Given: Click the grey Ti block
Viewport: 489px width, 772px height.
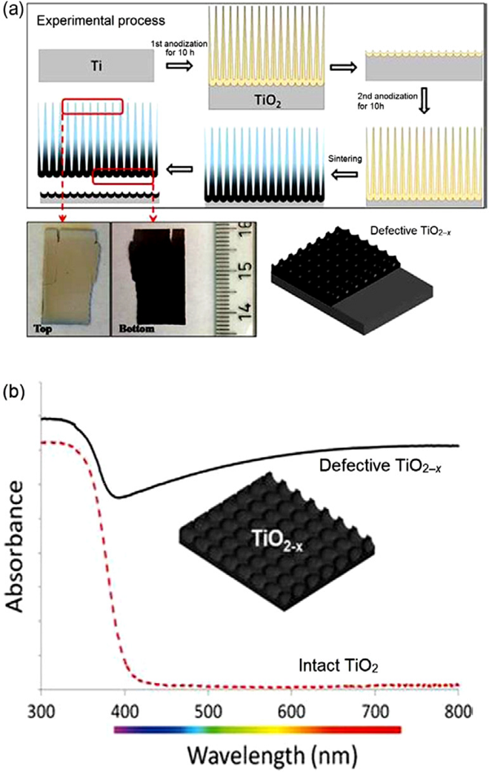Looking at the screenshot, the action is (x=97, y=65).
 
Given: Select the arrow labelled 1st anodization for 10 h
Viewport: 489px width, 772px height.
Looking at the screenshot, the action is (x=180, y=65).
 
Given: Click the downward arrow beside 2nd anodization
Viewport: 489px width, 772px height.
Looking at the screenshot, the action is (x=424, y=104).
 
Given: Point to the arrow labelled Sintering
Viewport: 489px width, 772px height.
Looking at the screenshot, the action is (x=345, y=173).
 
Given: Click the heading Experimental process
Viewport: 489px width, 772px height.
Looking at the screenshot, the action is (x=101, y=20).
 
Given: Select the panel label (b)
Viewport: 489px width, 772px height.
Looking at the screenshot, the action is (x=13, y=394).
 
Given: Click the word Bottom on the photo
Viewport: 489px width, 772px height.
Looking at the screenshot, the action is (x=136, y=327).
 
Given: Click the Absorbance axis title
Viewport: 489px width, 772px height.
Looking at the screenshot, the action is (x=16, y=546).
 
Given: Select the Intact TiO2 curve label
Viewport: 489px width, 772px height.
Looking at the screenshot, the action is (x=338, y=665).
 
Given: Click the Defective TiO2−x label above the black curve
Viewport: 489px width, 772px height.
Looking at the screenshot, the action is (x=380, y=466).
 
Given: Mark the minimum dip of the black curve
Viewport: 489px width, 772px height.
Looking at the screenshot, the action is (x=118, y=498).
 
